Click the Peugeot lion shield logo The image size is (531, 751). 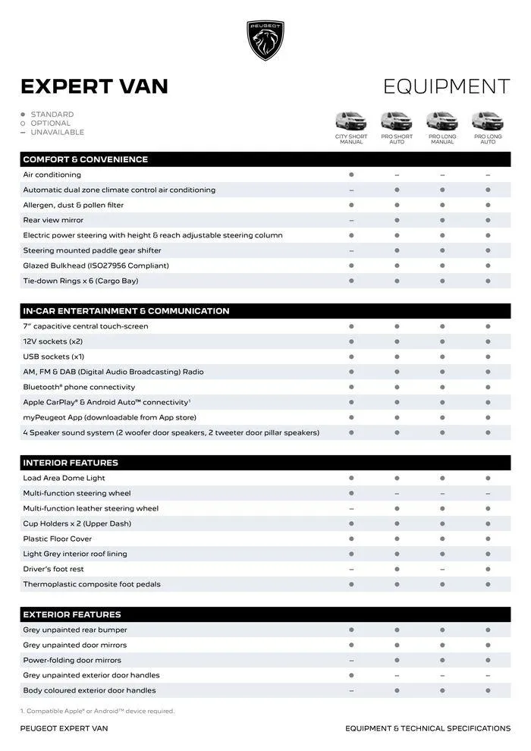[265, 40]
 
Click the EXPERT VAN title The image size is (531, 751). [94, 86]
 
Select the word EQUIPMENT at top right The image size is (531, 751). [446, 86]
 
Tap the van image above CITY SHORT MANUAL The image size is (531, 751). [351, 121]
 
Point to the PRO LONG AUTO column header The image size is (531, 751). [488, 140]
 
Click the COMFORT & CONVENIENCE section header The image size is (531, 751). [85, 159]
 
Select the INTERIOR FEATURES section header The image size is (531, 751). [71, 463]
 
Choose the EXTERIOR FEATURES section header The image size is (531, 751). [72, 614]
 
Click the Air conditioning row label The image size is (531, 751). [52, 174]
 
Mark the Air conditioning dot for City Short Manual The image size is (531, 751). [351, 174]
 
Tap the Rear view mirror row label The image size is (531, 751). [53, 220]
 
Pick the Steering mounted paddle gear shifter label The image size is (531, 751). [92, 250]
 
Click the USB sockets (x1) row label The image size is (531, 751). [53, 357]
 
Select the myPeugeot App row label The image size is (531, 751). [109, 417]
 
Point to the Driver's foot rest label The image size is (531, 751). [53, 569]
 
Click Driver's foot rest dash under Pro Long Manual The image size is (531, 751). [442, 569]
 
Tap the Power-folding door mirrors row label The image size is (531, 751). [72, 660]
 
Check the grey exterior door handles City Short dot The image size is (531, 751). [351, 675]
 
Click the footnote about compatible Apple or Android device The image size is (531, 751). [97, 711]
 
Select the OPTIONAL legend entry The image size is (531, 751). [50, 123]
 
